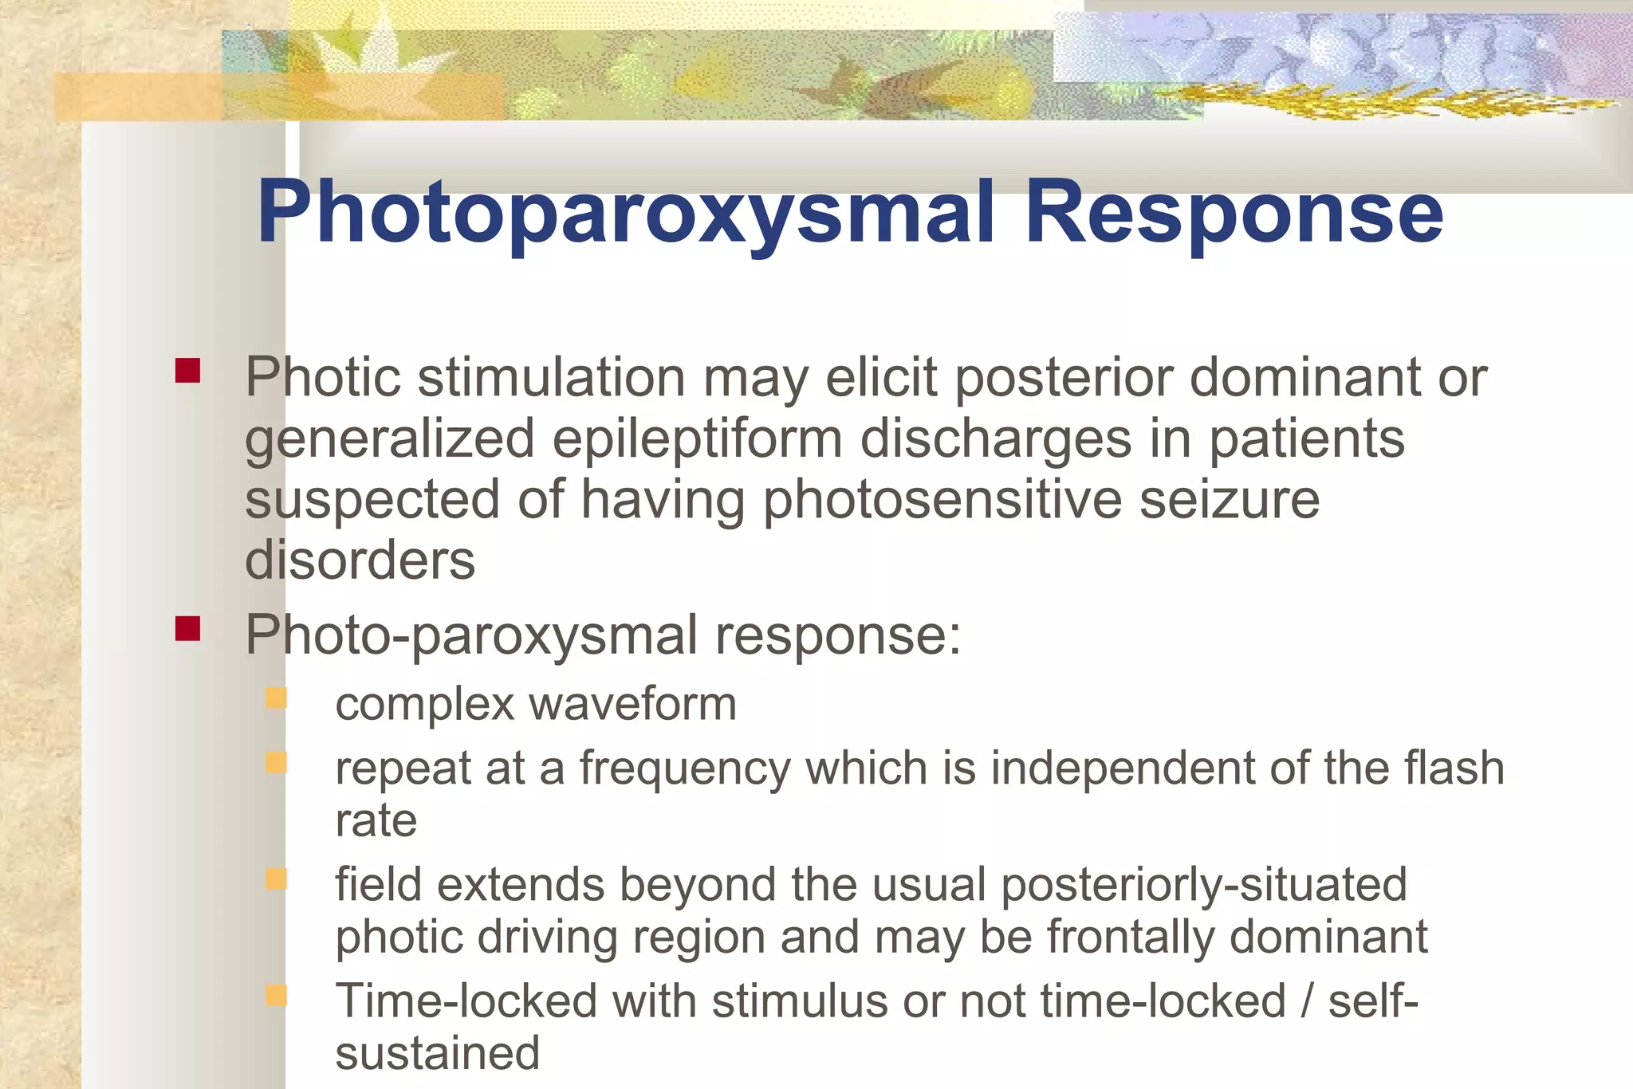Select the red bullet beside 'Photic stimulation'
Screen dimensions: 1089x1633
[187, 371]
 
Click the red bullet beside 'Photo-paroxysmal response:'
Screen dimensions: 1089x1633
[187, 628]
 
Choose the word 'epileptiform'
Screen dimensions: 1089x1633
[697, 439]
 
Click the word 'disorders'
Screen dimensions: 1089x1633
[360, 560]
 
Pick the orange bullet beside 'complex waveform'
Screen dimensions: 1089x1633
[276, 698]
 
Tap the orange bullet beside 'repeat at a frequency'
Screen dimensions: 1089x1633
[276, 763]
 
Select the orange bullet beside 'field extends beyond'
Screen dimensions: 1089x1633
[276, 879]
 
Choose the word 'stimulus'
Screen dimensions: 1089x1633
[799, 1001]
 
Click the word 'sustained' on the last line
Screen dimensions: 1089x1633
[438, 1053]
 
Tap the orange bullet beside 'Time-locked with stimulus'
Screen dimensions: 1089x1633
[276, 995]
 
